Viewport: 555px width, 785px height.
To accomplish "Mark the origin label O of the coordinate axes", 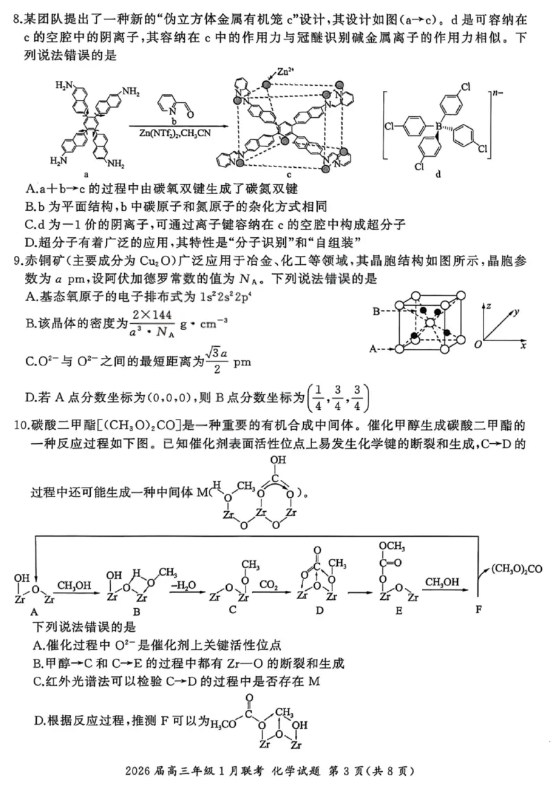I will pos(477,345).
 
